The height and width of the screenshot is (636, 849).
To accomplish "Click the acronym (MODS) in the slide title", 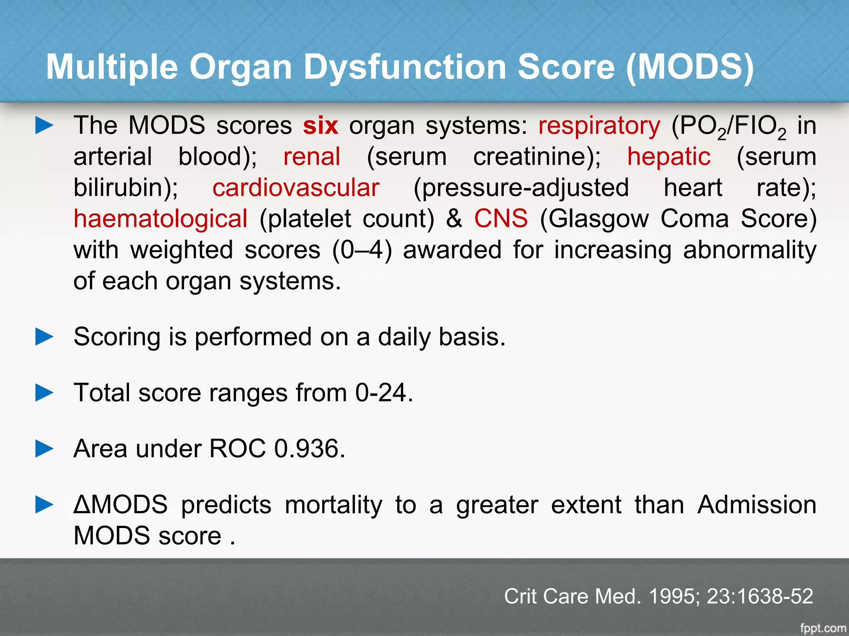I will tap(690, 67).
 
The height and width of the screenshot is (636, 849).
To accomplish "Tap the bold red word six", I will tap(320, 125).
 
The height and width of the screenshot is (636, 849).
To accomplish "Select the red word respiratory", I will tap(599, 126).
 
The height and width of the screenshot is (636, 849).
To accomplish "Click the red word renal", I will tap(312, 157).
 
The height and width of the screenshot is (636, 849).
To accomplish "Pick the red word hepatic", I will tap(668, 157).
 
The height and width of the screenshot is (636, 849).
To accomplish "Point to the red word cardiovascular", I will tap(296, 188).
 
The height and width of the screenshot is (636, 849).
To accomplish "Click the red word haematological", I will tap(160, 219).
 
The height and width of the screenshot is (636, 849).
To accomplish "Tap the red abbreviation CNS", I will tap(501, 219).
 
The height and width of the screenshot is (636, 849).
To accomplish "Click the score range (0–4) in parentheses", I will tap(362, 250).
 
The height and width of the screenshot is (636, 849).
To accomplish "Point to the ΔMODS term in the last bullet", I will tap(121, 505).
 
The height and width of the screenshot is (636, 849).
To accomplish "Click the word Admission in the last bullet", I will tap(757, 505).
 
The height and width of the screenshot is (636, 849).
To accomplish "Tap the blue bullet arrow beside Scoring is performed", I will tap(44, 337).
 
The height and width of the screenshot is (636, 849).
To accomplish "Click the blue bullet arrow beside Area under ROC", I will tap(44, 448).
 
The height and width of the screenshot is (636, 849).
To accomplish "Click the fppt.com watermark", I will tap(822, 628).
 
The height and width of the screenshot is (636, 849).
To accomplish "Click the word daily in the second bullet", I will tap(404, 337).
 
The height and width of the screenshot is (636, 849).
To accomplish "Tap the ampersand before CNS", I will tap(454, 219).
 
